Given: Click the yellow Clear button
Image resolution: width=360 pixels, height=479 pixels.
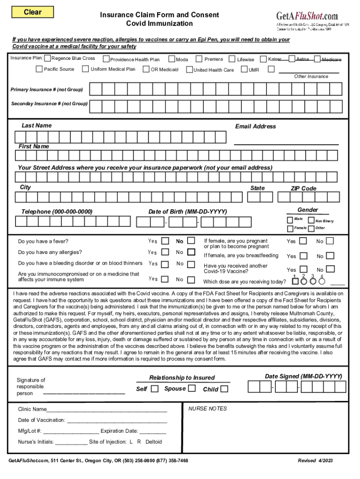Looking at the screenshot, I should pos(33,12).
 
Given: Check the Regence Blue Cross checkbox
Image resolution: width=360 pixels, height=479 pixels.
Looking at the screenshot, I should pos(47,58).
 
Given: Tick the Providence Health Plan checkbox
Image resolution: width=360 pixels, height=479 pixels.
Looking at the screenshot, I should pos(106,59).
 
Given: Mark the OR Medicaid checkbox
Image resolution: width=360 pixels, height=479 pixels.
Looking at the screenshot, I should pos(146,70).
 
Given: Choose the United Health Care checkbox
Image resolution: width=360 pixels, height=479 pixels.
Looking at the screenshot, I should pos(189,70).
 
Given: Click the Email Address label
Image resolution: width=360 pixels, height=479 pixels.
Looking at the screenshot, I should pos(255,126).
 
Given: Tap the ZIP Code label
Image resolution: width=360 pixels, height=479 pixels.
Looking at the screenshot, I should pos(303,189).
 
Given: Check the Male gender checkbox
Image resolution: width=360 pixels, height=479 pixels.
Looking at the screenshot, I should pos(289,219).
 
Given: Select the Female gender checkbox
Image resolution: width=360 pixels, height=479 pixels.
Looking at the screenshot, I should pos(289,228).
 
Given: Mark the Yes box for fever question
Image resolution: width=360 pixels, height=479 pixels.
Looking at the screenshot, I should pos(165,241).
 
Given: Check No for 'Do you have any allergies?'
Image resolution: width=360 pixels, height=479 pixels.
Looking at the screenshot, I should pos(191,252).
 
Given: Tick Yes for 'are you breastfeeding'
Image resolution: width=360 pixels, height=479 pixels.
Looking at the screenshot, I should pos(303,256).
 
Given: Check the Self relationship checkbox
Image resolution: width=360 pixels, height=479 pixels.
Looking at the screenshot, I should pos(155,389).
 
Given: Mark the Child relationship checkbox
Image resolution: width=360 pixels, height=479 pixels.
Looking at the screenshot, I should pos(224,389).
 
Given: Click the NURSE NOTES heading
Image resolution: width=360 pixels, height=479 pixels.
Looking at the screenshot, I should pos(207,409).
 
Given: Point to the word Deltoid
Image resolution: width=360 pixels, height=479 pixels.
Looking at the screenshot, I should pos(154,442).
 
